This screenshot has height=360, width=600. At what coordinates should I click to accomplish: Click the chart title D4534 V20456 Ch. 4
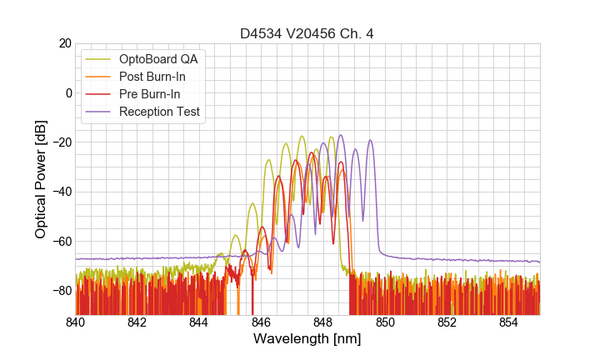(x=307, y=33)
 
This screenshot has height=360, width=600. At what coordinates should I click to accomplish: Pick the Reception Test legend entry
(x=159, y=112)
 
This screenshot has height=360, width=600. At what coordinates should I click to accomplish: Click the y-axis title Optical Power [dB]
(x=40, y=179)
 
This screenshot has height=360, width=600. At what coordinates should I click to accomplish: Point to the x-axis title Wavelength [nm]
(x=307, y=340)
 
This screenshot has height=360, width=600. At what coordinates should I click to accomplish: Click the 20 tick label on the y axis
(x=63, y=43)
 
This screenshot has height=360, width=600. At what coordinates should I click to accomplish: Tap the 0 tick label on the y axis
(x=67, y=92)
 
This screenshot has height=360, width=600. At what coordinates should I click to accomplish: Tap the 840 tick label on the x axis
(x=76, y=322)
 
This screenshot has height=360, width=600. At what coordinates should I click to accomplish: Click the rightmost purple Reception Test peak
(x=370, y=141)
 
